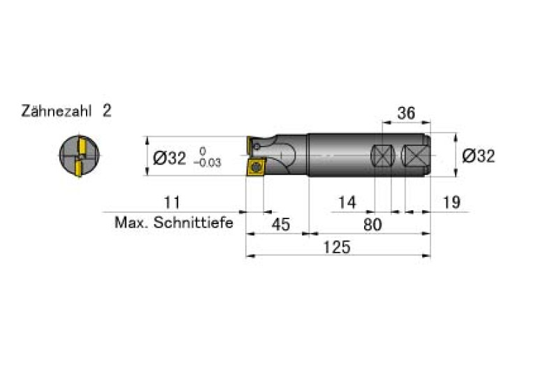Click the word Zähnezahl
tap(57, 111)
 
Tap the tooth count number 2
tap(107, 111)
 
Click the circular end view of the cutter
tap(79, 156)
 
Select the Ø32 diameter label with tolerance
tap(187, 158)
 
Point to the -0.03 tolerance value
tap(208, 163)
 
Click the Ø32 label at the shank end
tap(478, 156)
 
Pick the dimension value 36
tap(406, 113)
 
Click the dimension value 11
tap(172, 202)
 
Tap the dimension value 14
tap(347, 202)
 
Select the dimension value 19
tap(451, 202)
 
